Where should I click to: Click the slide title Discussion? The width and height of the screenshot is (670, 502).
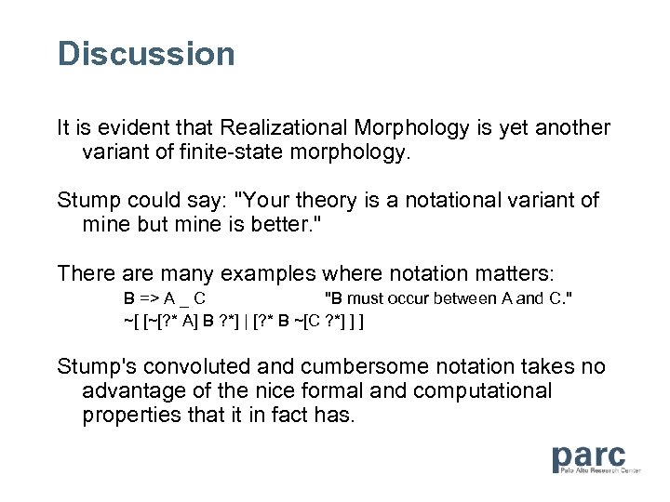point(146,53)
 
